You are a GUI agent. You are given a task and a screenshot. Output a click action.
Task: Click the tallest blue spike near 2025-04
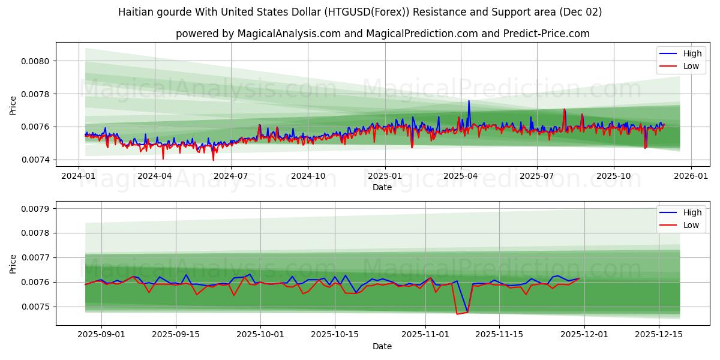pyautogui.click(x=469, y=101)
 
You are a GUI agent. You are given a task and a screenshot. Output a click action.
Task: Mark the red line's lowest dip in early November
pyautogui.click(x=457, y=314)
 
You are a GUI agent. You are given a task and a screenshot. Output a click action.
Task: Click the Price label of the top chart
pyautogui.click(x=13, y=106)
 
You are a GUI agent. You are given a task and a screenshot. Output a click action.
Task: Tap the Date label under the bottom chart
pyautogui.click(x=382, y=346)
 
